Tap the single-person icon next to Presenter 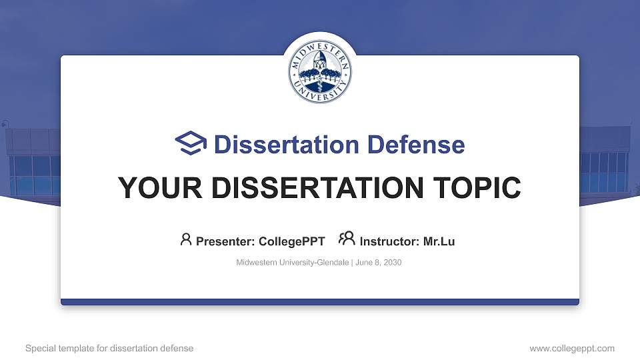tap(186, 239)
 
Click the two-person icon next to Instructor tap(347, 239)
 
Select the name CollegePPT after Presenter tap(291, 241)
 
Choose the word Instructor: tap(390, 241)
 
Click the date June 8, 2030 tap(379, 263)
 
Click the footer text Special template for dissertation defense tap(109, 348)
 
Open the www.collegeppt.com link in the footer tap(572, 348)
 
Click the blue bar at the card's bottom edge tap(320, 302)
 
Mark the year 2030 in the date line tap(393, 263)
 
